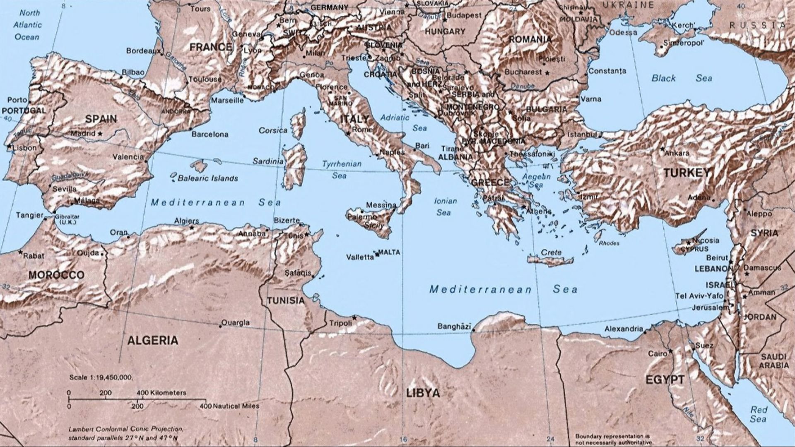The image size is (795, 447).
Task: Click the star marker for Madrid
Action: coord(100,134)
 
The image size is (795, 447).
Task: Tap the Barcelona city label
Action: coord(210,135)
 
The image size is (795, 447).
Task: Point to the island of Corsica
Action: coord(298,124)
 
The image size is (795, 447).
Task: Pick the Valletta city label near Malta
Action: coord(360,257)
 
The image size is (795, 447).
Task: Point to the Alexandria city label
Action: coord(624,329)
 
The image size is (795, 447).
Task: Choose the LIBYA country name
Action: coord(423,393)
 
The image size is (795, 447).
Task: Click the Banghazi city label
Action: coord(454,327)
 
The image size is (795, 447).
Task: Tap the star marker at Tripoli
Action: coord(354,317)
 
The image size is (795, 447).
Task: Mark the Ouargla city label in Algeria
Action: coord(236,322)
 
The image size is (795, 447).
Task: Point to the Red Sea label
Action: coord(759,414)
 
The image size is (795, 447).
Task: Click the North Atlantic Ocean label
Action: coord(27,25)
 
